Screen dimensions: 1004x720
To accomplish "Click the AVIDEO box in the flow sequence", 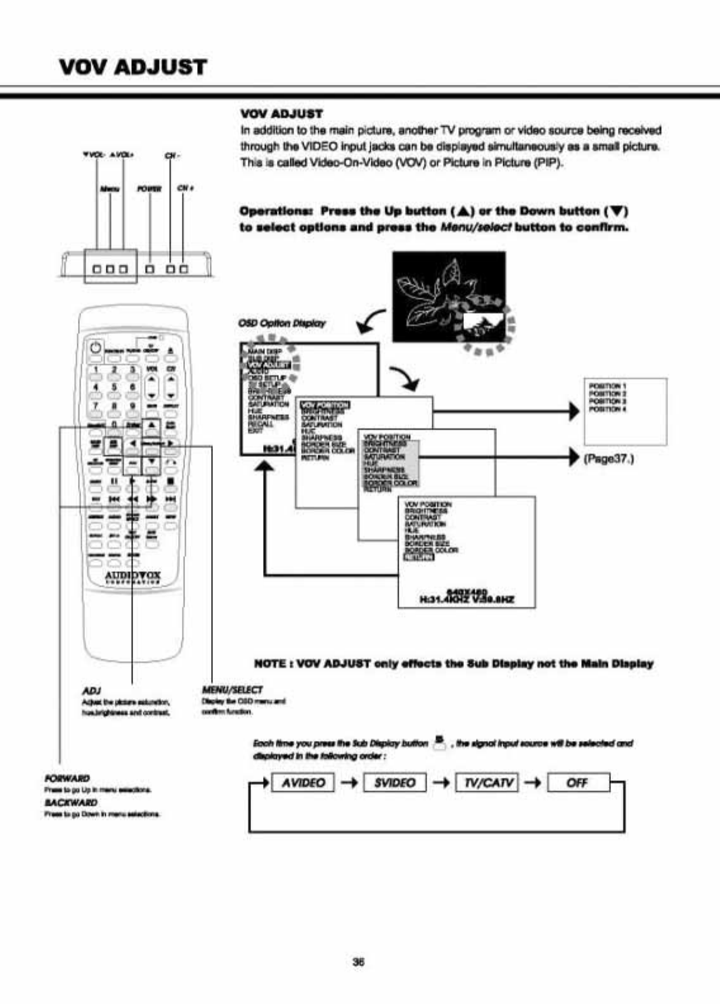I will tap(303, 783).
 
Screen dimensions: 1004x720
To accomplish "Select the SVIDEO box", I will tap(394, 783).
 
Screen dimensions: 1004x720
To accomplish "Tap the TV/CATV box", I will tap(487, 783).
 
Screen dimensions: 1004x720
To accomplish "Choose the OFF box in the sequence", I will tap(577, 783).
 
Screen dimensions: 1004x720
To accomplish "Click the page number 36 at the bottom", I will tap(358, 962).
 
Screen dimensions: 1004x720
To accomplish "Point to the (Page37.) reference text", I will tap(608, 458).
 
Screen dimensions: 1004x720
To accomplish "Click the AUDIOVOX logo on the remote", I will tap(133, 576).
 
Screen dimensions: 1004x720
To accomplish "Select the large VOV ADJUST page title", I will tap(132, 67).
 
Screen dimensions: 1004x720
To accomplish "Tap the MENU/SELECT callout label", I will tap(232, 690).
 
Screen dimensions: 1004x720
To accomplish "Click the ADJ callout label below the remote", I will tap(92, 690).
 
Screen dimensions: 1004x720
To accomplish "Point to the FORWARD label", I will tap(67, 778).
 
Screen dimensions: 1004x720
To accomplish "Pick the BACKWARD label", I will tap(70, 802).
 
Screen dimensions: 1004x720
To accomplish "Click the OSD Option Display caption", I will tap(281, 323).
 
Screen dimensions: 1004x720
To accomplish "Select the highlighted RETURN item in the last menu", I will tap(419, 557).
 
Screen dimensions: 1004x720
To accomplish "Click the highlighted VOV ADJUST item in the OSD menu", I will tap(268, 364).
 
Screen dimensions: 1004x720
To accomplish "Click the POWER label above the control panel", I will tap(150, 189).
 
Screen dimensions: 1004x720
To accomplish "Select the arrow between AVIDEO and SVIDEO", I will tap(349, 783).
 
